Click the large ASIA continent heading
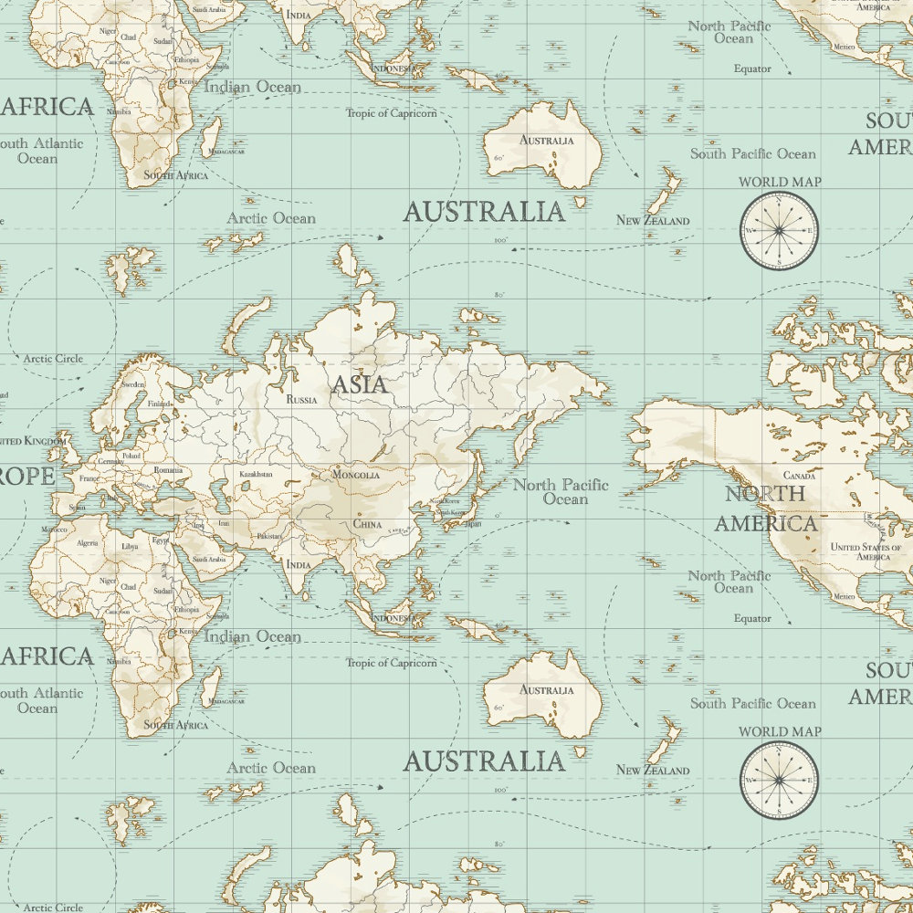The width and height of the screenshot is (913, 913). coord(359,384)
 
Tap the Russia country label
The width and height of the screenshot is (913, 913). coord(301,400)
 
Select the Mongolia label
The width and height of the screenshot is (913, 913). coord(355,475)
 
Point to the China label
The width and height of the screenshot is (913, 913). coord(367,525)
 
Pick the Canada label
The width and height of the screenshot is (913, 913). coord(800,476)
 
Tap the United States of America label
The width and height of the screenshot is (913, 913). coord(859,551)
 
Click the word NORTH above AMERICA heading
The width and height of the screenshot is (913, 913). coord(765,494)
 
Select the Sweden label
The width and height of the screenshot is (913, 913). coord(133,385)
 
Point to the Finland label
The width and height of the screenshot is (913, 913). coord(159,404)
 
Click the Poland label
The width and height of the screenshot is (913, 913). coord(131,455)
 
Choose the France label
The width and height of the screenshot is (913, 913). coord(89,478)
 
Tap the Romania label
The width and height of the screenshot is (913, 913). coord(168,470)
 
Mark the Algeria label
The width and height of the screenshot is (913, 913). coord(87,542)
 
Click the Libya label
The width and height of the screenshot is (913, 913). coord(131,547)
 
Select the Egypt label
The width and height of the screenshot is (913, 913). coord(161,540)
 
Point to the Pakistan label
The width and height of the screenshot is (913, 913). coord(268,537)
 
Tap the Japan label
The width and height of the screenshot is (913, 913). coord(472,524)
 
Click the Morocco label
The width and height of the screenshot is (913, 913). coord(54,530)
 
